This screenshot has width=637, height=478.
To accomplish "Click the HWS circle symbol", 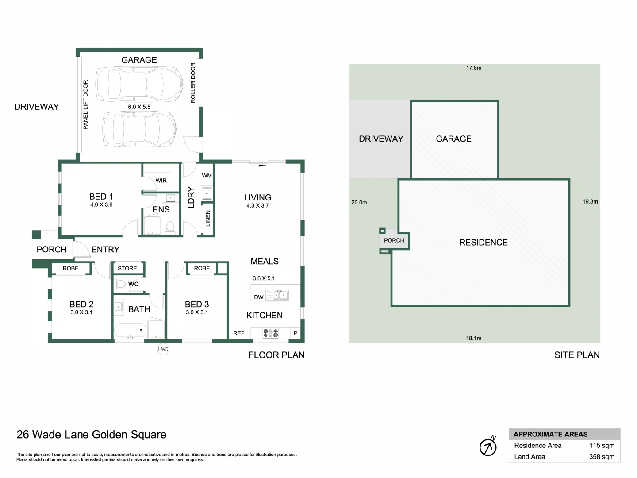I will coord(163,349).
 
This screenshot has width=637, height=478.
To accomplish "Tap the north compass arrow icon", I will coord(488,447).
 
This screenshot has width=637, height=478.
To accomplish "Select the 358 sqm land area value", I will coord(602,457).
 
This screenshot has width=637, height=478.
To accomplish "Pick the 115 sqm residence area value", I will coord(602,446).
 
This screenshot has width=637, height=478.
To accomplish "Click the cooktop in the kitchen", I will coord(271,333).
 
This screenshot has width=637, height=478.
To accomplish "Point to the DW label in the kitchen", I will coord(259,297).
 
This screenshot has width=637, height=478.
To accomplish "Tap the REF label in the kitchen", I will coord(239,333).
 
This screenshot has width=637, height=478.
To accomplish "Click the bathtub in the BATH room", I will coord(130,330).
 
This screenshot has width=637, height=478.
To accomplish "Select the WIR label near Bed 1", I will coord(161,181).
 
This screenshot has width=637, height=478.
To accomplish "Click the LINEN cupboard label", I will coord(208,219).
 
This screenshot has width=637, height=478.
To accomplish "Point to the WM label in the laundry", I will coord(207,176).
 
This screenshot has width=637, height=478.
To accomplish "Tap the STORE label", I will coord(127,268).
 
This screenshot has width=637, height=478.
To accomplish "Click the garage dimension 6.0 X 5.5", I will coord(139,107).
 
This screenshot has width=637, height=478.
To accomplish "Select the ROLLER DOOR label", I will coord(193,83).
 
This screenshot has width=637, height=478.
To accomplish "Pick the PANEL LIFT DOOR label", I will coord(86,104).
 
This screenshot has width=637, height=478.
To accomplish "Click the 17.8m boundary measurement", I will coord(474,68).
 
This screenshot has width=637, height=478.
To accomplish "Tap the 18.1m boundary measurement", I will coord(474,338).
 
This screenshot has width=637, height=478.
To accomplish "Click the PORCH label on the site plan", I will coord(394,240).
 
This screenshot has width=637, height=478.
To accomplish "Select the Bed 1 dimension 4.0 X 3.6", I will coord(101,204).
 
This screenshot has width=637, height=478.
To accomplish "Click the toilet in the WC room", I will coord(121,284).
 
